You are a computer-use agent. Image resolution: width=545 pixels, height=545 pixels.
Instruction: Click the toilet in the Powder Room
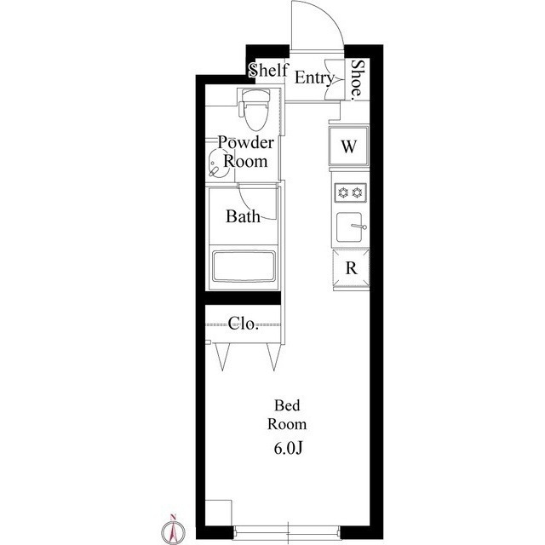coord(255,109)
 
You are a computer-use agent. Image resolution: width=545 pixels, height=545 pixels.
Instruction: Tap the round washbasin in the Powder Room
coord(215,163)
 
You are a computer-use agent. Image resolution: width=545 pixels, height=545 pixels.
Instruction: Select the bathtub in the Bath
coord(244,267)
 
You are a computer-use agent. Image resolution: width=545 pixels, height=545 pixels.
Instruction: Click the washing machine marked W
coord(348,146)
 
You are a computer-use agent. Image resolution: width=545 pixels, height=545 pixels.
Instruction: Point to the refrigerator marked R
coord(351,268)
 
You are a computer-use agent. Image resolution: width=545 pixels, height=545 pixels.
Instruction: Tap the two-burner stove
coord(350,192)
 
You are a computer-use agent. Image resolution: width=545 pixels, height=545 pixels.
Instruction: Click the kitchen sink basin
coord(349,227)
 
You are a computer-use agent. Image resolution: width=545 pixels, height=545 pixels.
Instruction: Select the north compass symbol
coord(173,530)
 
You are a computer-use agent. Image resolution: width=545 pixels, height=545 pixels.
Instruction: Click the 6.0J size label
coord(288,449)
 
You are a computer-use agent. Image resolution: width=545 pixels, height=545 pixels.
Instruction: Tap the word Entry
coord(314,77)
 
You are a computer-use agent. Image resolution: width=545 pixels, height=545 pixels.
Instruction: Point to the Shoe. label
coord(358,80)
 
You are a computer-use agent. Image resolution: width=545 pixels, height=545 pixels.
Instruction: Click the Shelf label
coord(269,70)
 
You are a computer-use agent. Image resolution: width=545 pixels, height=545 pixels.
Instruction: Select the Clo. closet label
coord(244,324)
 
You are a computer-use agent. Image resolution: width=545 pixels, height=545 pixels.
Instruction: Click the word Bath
coord(243,216)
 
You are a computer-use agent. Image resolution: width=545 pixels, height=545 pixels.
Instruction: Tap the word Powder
coord(246,142)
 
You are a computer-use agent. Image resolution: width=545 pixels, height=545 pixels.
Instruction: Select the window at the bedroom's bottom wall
coord(287,533)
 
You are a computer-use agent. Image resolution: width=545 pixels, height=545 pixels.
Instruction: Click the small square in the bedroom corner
coord(218,513)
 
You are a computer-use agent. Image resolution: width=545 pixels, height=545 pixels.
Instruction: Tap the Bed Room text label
coord(287,415)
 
